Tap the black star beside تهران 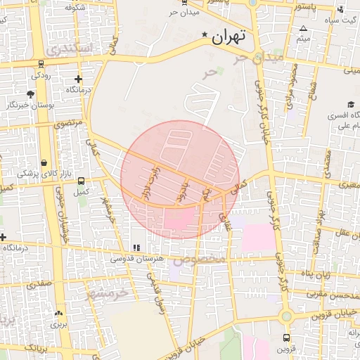205,34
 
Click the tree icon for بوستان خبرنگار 30,94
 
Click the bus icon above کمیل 82,181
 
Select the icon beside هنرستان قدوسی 136,247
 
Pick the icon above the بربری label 58,314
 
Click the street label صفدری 39,285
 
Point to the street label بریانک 33,347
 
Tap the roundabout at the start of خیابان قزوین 286,317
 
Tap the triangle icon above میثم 302,29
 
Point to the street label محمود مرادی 290,86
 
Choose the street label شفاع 311,89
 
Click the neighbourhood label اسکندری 69,50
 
